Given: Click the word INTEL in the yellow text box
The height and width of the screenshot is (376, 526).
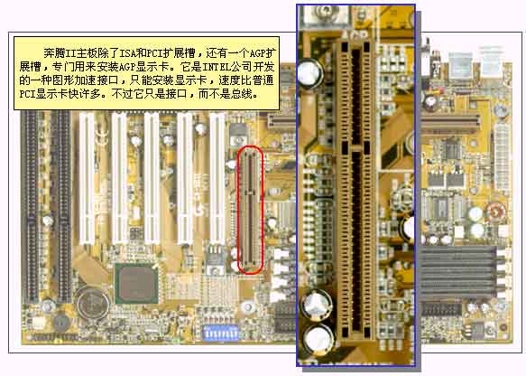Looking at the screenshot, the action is click(217, 67).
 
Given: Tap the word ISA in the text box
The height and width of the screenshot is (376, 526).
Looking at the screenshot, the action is click(128, 53).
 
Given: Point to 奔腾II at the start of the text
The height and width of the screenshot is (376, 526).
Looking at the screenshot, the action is click(60, 53).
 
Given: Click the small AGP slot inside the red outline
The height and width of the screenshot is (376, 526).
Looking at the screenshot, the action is click(250, 209).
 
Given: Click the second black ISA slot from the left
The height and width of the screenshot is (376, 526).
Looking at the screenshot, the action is click(63, 206).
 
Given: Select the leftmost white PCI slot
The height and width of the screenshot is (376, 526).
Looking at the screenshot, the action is click(87, 179).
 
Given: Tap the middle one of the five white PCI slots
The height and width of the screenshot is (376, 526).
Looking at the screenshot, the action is click(152, 179).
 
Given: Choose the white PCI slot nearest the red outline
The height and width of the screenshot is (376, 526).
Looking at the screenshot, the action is click(217, 179).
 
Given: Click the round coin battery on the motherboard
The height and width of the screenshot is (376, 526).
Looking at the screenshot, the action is click(93, 304).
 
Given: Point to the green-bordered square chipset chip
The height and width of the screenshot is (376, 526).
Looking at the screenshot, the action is click(137, 284).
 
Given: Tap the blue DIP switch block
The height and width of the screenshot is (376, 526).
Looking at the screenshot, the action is click(221, 333).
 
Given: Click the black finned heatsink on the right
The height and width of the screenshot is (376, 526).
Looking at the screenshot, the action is click(458, 272).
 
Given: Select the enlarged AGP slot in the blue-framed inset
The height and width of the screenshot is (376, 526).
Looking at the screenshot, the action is click(355, 190).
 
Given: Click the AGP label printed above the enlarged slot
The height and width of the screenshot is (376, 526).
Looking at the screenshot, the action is click(355, 34).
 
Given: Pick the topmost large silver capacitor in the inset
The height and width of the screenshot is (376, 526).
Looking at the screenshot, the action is click(309, 73).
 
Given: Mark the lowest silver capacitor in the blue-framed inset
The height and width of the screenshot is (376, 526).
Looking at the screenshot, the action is click(318, 339).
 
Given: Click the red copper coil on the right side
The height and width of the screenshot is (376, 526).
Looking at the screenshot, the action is click(496, 211).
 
